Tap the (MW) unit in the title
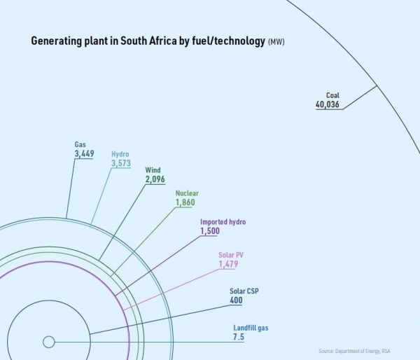pyautogui.click(x=276, y=43)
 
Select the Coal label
pyautogui.click(x=332, y=95)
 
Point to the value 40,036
pyautogui.click(x=328, y=105)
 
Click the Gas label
pyautogui.click(x=80, y=144)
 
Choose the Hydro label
pyautogui.click(x=120, y=154)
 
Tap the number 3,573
pyautogui.click(x=122, y=164)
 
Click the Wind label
pyautogui.click(x=153, y=170)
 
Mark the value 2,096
pyautogui.click(x=155, y=180)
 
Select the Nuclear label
pyautogui.click(x=187, y=193)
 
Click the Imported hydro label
pyautogui.click(x=223, y=222)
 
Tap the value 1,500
pyautogui.click(x=210, y=231)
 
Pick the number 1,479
pyautogui.click(x=228, y=265)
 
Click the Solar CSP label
pyautogui.click(x=244, y=291)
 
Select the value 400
pyautogui.click(x=236, y=301)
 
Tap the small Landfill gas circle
pyautogui.click(x=48, y=342)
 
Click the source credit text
pyautogui.click(x=365, y=350)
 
